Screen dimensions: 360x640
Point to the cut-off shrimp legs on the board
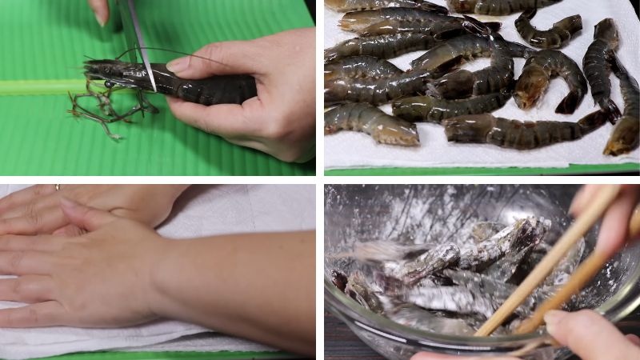point(104,112)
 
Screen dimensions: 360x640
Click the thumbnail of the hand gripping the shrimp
point(178,65)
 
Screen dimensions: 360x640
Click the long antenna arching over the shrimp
point(160,51)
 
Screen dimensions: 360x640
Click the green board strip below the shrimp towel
point(480,169)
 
